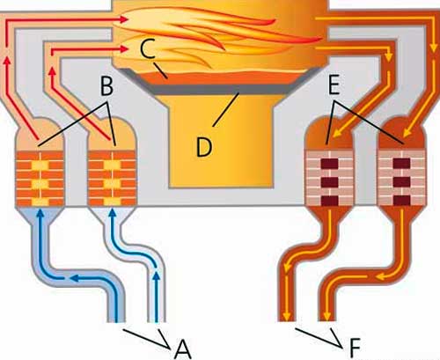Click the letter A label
tap(183, 349)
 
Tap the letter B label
tap(106, 86)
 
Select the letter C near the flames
tap(147, 48)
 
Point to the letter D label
tap(204, 147)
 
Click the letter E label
tap(334, 85)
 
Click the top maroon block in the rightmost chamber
tap(401, 163)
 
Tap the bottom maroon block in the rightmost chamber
tap(401, 201)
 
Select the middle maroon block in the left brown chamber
tap(330, 182)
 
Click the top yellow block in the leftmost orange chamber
tap(40, 165)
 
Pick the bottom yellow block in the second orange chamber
tap(112, 202)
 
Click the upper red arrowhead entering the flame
tap(124, 19)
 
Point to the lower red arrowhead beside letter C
tap(124, 49)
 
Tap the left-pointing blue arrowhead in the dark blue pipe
tap(77, 277)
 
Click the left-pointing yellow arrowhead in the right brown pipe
tap(381, 276)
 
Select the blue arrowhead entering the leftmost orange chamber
tap(40, 213)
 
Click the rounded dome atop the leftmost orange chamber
tap(40, 133)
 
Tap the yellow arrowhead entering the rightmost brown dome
tap(406, 133)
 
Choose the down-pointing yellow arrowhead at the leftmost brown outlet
tap(287, 316)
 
